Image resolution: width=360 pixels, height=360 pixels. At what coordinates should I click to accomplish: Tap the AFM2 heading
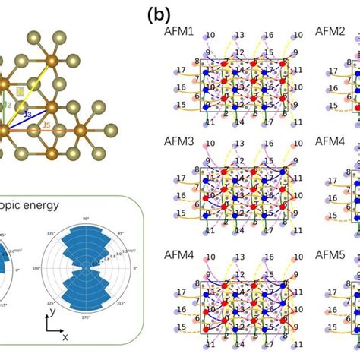[329, 33]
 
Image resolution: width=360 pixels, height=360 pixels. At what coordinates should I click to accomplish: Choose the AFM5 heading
[329, 250]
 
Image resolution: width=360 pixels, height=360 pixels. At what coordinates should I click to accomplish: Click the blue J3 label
[27, 114]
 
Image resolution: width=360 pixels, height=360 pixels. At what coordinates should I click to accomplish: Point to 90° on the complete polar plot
[85, 218]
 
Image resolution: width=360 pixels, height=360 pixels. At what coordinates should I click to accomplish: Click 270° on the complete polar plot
[85, 311]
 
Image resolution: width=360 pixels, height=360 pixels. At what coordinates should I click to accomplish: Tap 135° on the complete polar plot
[52, 230]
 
